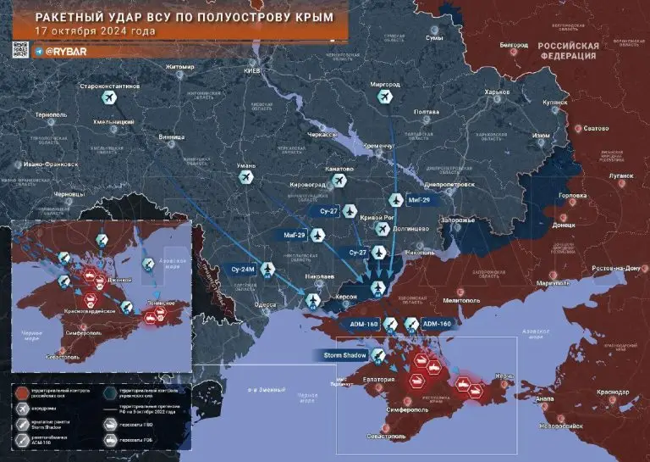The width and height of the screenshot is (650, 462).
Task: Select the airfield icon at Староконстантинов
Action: [109, 99]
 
